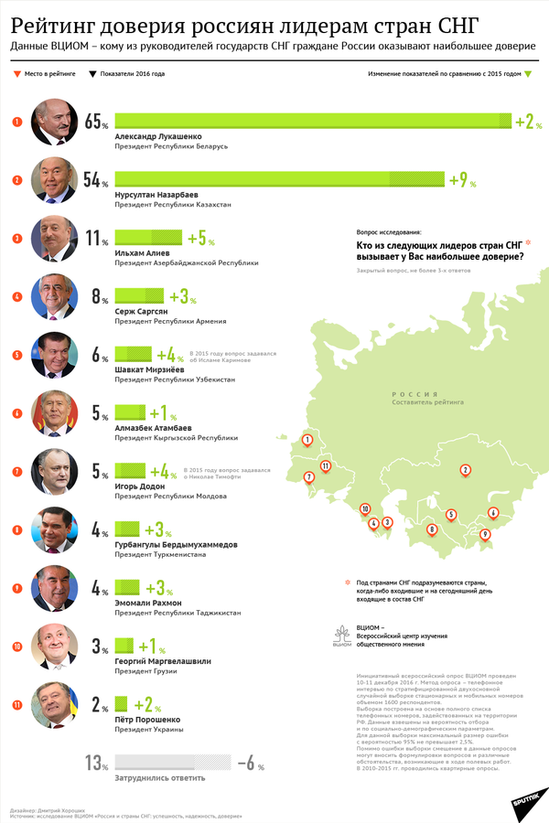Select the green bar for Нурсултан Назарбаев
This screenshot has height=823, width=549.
[x=279, y=179]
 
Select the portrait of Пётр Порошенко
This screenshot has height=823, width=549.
[x=54, y=704]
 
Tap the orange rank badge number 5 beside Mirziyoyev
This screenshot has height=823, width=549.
[x=17, y=355]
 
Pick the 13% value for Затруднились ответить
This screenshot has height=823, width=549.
[x=95, y=762]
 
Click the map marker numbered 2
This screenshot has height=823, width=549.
[x=465, y=470]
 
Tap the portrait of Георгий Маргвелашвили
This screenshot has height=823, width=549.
[x=54, y=646]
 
